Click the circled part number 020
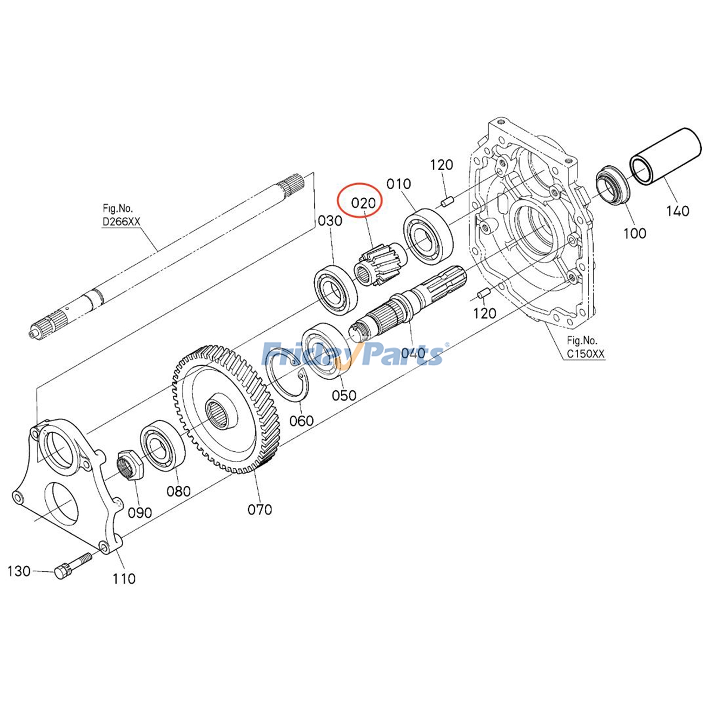click(363, 204)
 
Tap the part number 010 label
click(399, 184)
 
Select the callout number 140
click(677, 211)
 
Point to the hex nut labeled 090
click(129, 464)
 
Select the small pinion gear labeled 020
click(378, 264)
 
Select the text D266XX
click(121, 221)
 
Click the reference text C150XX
click(585, 354)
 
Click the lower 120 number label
click(484, 314)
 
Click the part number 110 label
click(124, 579)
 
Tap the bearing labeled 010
click(428, 237)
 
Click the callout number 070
click(260, 509)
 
